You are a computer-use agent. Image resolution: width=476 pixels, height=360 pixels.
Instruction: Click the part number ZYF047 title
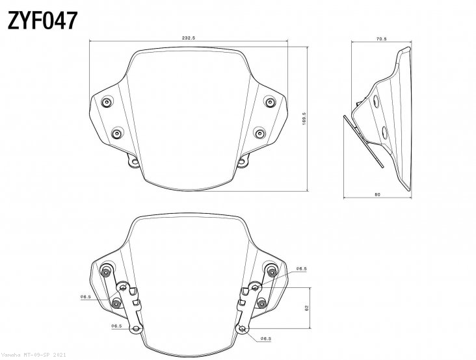[43, 21]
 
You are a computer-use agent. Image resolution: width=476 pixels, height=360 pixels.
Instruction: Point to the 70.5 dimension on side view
[381, 38]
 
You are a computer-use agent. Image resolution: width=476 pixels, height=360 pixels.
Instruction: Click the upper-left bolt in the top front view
[106, 101]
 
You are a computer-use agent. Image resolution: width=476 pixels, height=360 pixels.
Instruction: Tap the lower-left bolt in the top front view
[116, 133]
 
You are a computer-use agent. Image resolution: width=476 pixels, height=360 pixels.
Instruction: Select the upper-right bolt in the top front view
[269, 101]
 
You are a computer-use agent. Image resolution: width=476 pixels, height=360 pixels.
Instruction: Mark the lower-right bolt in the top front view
[259, 133]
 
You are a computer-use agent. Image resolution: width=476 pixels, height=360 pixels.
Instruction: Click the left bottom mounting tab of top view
[133, 162]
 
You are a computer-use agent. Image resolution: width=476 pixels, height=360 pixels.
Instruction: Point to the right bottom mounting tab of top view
[243, 162]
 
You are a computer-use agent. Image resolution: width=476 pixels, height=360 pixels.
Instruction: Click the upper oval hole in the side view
[376, 101]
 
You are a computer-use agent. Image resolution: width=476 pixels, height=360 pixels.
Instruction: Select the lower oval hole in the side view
[385, 133]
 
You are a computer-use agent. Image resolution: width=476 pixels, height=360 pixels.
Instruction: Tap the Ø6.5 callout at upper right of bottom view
[302, 267]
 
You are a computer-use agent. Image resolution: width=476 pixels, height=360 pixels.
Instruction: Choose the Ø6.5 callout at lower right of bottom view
[265, 339]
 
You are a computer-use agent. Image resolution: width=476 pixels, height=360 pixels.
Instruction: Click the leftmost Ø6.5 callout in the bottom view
[85, 297]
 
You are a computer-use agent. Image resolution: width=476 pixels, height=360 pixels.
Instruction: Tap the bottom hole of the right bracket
[243, 329]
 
